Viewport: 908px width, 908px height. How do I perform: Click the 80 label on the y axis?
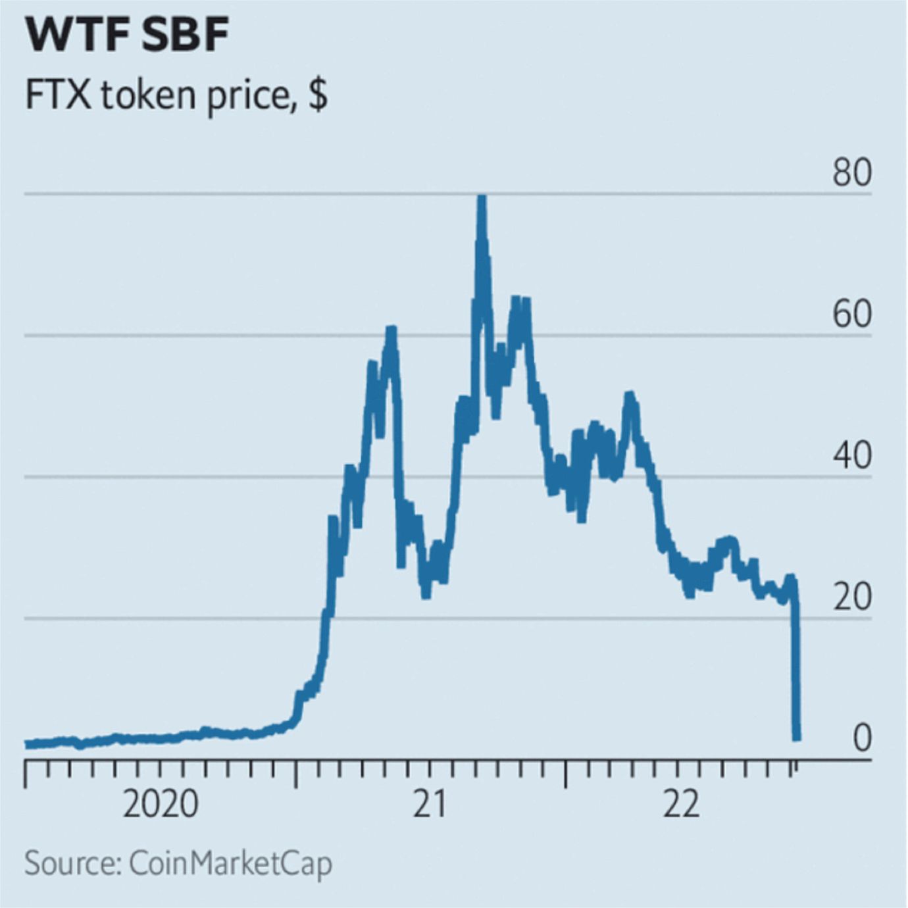851,172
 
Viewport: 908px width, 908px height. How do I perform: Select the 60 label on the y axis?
851,315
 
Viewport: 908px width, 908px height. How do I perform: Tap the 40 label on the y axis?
851,455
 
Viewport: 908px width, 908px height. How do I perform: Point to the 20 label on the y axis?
851,597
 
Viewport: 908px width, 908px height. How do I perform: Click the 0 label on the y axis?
862,738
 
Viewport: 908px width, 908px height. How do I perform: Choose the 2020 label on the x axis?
161,804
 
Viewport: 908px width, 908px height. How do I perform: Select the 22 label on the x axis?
682,804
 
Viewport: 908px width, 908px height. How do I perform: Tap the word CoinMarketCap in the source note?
230,863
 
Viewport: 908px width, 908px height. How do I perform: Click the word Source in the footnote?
71,863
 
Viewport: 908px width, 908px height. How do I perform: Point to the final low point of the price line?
797,738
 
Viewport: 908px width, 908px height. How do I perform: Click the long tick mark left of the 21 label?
296,774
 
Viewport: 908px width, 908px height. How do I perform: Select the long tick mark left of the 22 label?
566,774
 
